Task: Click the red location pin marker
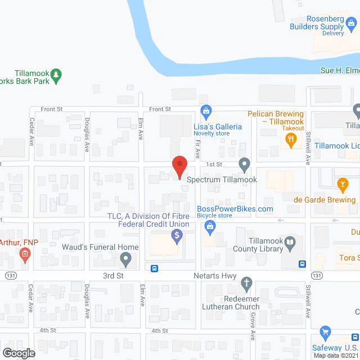(x=179, y=166)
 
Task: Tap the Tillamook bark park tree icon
(x=55, y=74)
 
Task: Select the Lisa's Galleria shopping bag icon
(x=206, y=110)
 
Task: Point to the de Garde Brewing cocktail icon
(x=342, y=184)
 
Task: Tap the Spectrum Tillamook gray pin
(x=244, y=165)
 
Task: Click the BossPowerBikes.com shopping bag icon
(x=210, y=227)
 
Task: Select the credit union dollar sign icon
(x=177, y=236)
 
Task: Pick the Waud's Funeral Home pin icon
(x=127, y=259)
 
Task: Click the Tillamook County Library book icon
(x=290, y=244)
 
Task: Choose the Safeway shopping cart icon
(x=325, y=332)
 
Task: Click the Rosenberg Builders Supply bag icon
(x=352, y=23)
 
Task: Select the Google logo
(x=18, y=353)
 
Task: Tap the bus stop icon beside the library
(x=302, y=264)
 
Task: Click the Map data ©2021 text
(x=335, y=355)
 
